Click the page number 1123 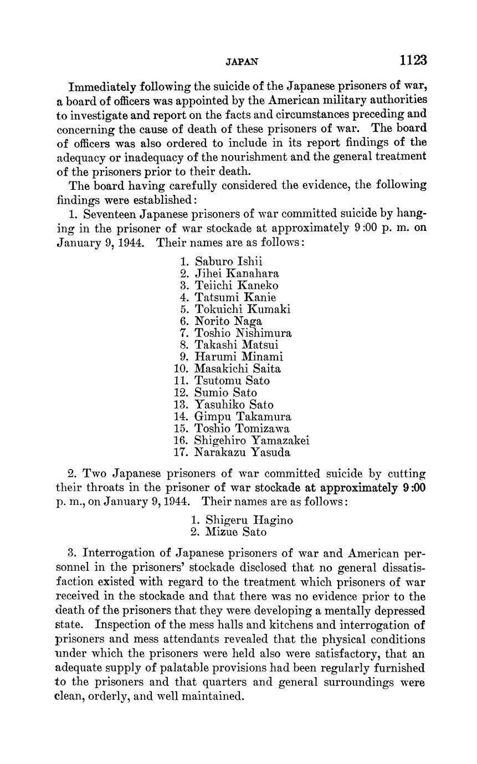[412, 60]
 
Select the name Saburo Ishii [229, 261]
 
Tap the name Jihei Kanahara [237, 273]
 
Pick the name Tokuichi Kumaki [243, 309]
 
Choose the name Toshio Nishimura [243, 333]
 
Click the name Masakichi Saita [238, 369]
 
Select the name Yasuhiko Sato [234, 405]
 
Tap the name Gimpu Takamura [243, 417]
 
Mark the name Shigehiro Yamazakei [252, 441]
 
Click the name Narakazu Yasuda [243, 452]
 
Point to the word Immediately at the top [102, 87]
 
